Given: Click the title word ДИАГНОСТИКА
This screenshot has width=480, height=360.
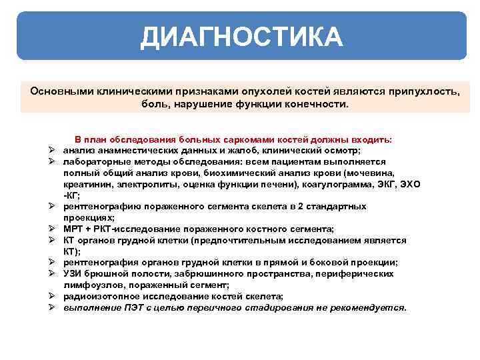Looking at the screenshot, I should (x=241, y=37).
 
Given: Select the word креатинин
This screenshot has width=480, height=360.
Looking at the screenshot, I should (x=86, y=184).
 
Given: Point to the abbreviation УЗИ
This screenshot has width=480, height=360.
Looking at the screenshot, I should (x=73, y=273).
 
